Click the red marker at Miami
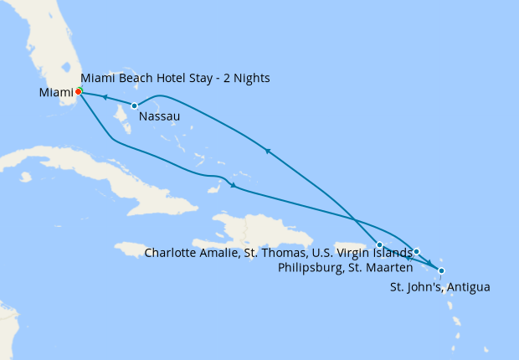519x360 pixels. (x=78, y=91)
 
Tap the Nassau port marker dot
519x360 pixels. (x=134, y=105)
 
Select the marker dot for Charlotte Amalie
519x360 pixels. (x=379, y=244)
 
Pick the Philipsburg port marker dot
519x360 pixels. (x=416, y=251)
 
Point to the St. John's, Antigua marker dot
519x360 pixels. (x=441, y=270)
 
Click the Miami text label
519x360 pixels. (x=55, y=91)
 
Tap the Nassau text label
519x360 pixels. (x=159, y=116)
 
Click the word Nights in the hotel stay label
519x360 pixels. (x=249, y=79)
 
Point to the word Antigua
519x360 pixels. (x=469, y=287)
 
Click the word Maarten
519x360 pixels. (x=388, y=268)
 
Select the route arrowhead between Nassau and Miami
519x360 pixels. (x=105, y=98)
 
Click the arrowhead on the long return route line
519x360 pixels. (x=266, y=151)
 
